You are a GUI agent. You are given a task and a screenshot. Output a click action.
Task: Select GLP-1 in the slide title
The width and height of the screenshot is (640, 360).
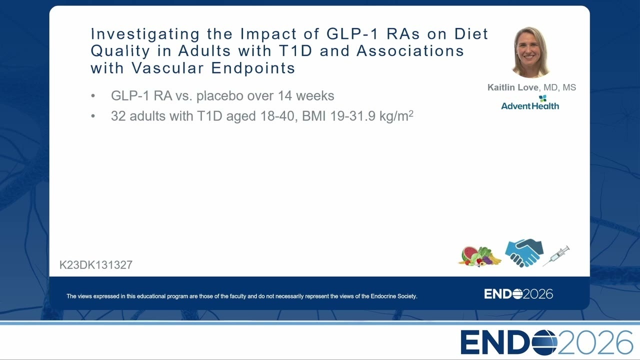352,33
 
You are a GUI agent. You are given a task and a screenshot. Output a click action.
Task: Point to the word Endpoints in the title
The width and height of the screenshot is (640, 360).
253,68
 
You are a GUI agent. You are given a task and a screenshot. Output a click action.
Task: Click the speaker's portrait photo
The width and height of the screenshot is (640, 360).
531,52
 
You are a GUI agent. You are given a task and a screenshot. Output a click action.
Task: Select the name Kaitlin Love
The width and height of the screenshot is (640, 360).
513,87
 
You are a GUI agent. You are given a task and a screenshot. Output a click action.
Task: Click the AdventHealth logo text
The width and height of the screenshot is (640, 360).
530,106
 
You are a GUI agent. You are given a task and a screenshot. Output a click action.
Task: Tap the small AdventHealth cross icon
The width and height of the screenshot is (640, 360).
542,98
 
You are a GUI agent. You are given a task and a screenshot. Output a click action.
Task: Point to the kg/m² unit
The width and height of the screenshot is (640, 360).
396,115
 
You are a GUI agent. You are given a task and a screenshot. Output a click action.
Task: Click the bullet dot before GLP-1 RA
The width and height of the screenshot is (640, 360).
93,96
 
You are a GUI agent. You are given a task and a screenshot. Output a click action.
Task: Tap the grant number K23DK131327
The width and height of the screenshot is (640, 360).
96,265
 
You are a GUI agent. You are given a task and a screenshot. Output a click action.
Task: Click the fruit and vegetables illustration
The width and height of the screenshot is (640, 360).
480,256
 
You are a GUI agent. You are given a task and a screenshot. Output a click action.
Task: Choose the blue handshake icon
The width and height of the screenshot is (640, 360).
524,253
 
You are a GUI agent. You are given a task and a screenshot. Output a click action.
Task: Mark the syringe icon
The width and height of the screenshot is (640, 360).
556,256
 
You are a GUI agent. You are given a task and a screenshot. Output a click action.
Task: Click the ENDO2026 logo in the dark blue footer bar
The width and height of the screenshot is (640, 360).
518,294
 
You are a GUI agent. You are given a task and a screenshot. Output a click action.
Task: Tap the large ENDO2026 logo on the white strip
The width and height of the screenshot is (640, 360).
546,342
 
